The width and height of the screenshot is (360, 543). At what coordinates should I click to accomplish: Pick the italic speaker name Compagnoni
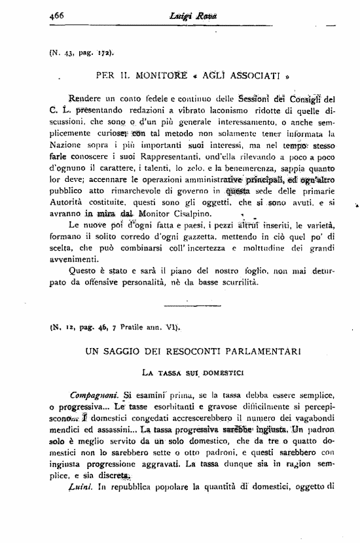click(x=93, y=395)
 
